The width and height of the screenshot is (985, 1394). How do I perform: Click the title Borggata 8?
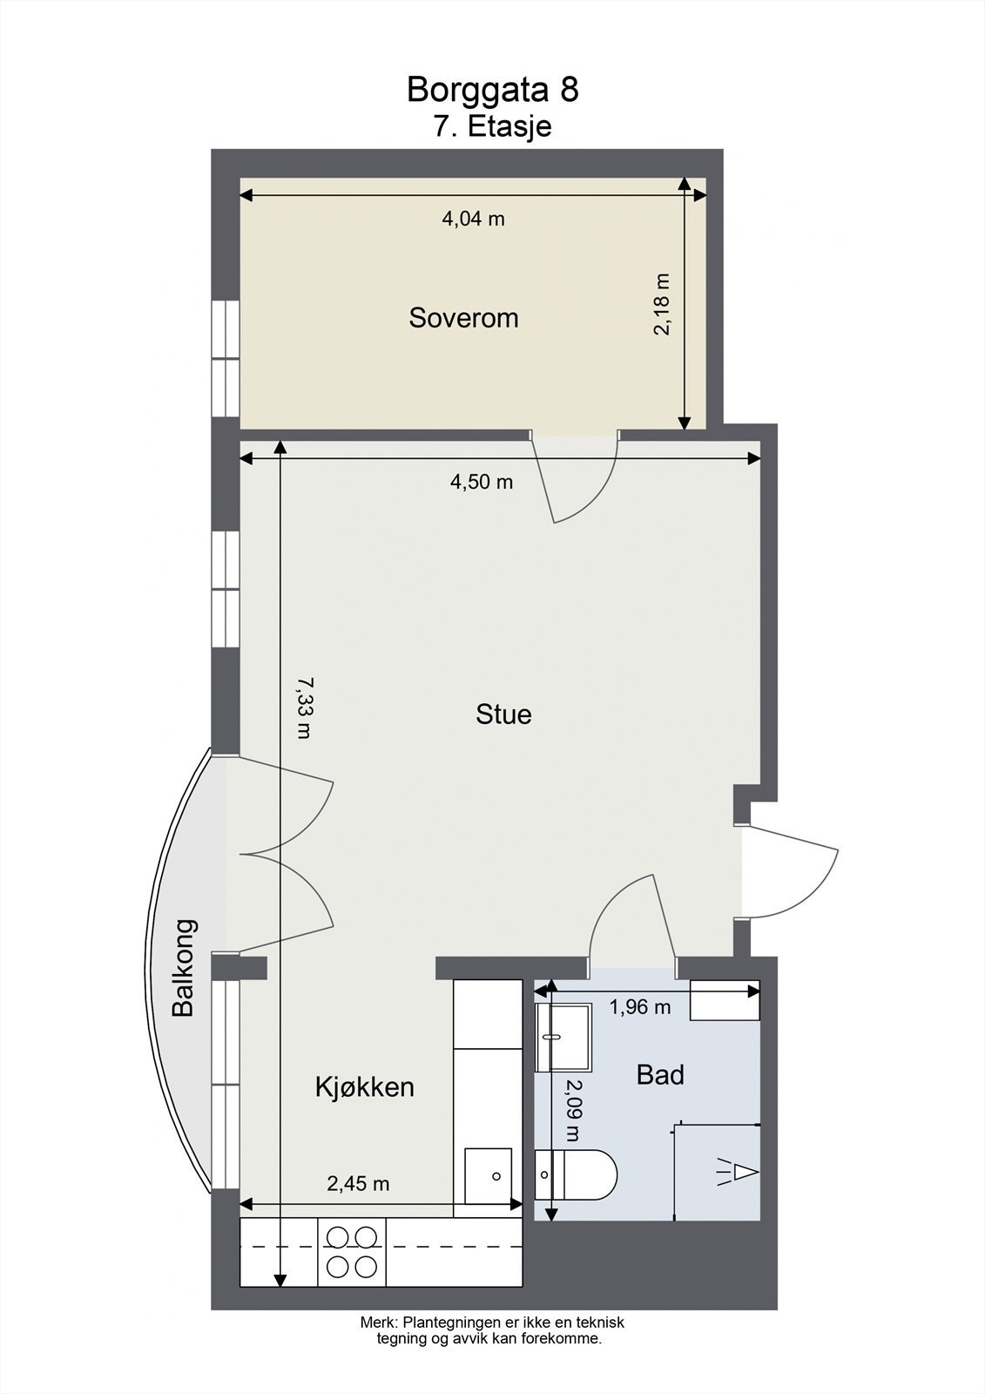(492, 90)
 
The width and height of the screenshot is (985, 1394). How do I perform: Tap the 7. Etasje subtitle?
(492, 126)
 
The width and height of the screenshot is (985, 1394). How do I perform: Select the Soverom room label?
(463, 318)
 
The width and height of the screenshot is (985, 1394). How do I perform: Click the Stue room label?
(503, 714)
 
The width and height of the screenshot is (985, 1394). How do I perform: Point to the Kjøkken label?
(364, 1087)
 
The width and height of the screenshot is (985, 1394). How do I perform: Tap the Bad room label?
(660, 1075)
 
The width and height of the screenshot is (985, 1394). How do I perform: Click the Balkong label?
(184, 967)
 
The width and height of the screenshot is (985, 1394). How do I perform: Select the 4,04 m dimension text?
(473, 219)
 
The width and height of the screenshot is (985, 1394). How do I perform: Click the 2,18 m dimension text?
(664, 304)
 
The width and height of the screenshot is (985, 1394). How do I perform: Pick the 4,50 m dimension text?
(481, 482)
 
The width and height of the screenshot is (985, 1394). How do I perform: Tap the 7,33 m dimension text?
(303, 707)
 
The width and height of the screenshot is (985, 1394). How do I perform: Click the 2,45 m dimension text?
(358, 1184)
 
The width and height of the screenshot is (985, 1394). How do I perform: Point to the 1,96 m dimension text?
(639, 1007)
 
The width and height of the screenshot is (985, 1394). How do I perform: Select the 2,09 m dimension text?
(572, 1110)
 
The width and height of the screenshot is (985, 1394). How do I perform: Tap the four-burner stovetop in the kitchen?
(352, 1251)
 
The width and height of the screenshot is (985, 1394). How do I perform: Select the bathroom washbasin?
(563, 1036)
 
